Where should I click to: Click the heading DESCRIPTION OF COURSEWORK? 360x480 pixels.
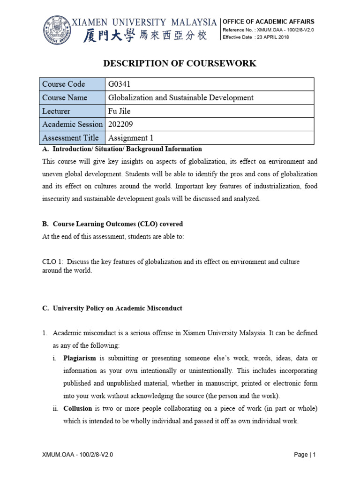pyautogui.click(x=180, y=63)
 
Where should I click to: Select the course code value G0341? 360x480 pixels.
pyautogui.click(x=120, y=84)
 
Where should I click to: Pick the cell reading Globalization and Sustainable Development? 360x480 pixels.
pyautogui.click(x=181, y=97)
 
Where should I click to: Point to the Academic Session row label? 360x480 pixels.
pyautogui.click(x=72, y=124)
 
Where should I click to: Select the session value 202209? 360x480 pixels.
pyautogui.click(x=120, y=124)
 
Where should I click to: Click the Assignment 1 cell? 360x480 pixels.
pyautogui.click(x=131, y=138)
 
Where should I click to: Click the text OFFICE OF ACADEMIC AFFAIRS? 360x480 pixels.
pyautogui.click(x=268, y=22)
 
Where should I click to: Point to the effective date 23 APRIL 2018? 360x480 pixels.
pyautogui.click(x=272, y=37)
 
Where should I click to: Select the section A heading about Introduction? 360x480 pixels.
pyautogui.click(x=122, y=149)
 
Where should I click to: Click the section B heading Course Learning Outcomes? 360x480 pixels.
pyautogui.click(x=112, y=224)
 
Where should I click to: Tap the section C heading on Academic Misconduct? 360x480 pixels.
pyautogui.click(x=112, y=308)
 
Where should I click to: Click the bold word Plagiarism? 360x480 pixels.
pyautogui.click(x=80, y=358)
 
